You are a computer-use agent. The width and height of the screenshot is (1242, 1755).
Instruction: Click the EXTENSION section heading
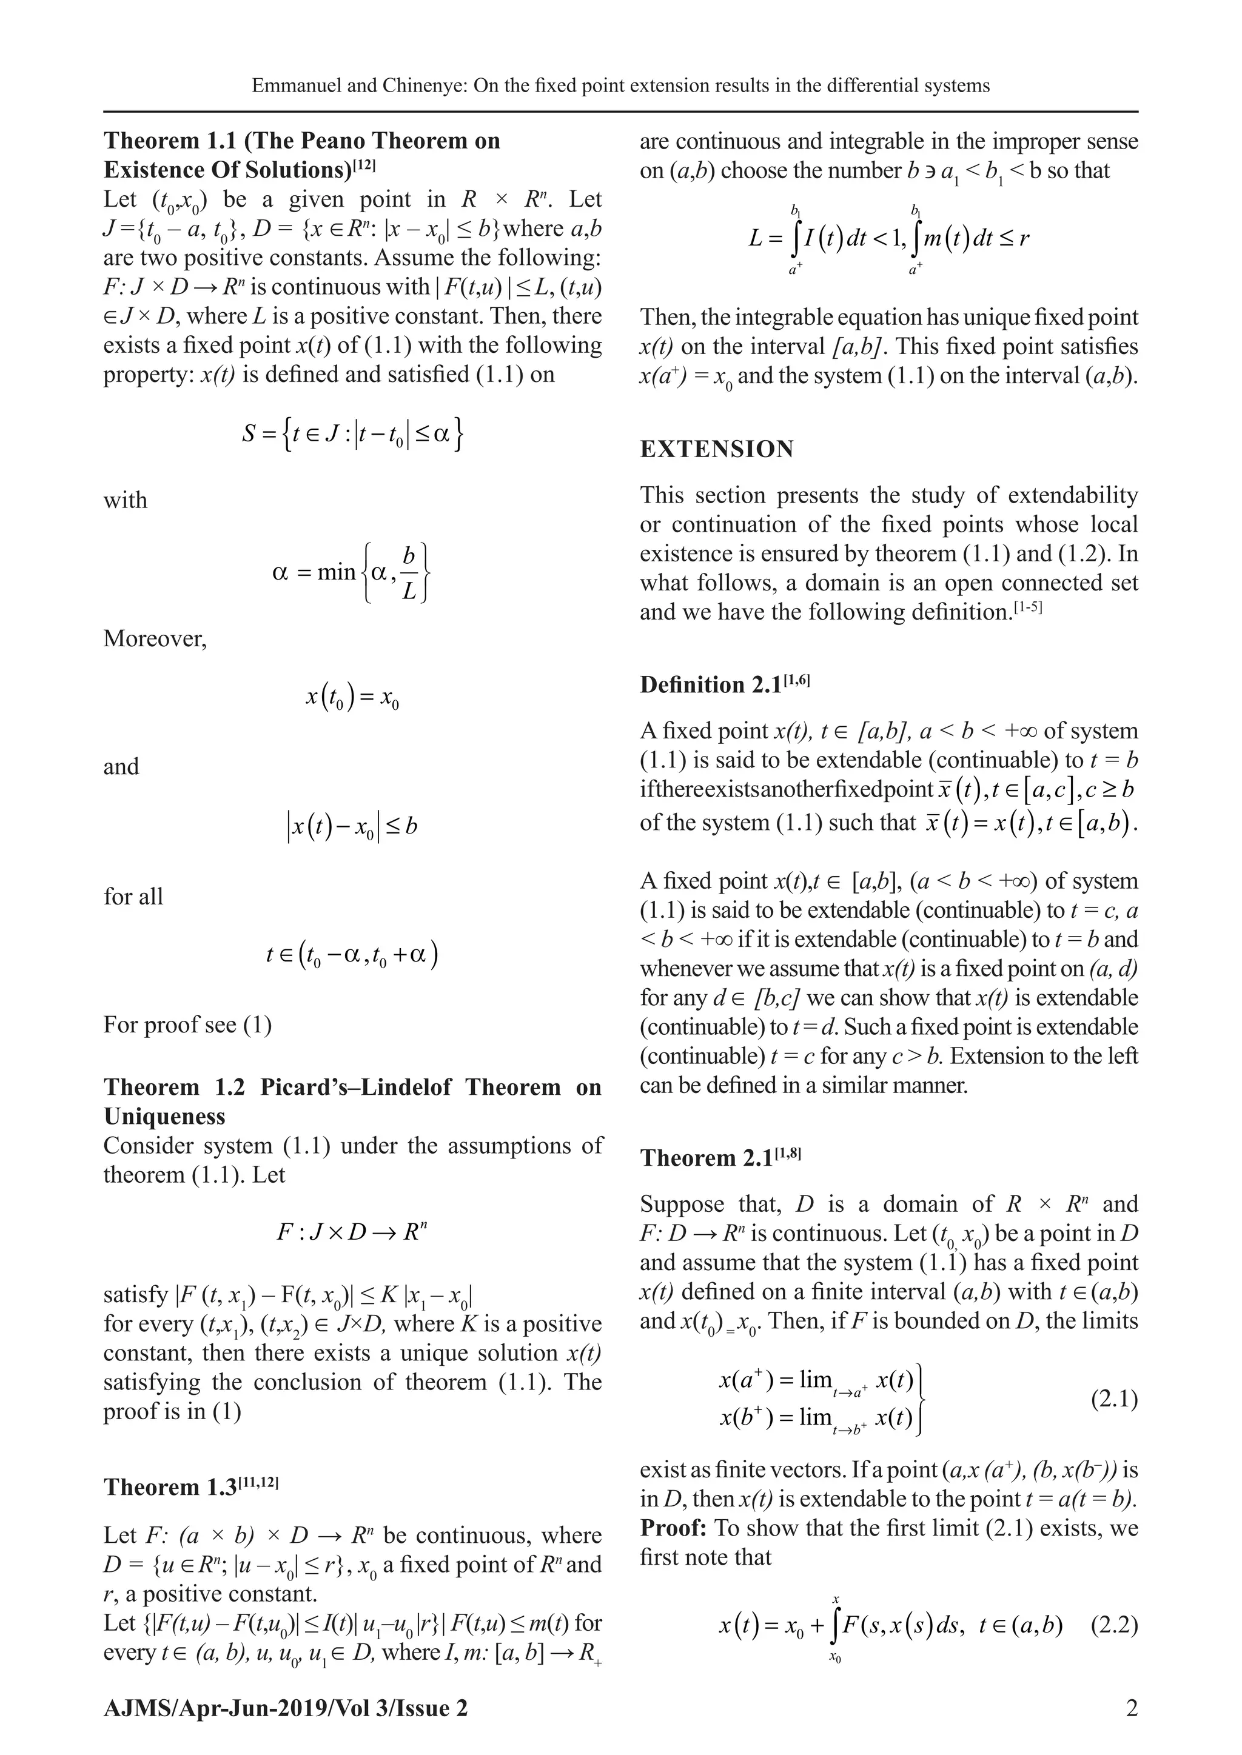(717, 449)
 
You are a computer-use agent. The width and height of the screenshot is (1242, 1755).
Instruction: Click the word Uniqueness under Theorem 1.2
(164, 1116)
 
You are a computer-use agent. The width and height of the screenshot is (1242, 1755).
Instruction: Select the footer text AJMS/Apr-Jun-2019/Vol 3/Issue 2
(285, 1708)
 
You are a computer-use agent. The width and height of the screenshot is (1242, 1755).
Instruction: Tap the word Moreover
(155, 638)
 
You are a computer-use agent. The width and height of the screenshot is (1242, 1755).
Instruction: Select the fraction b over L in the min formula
(409, 572)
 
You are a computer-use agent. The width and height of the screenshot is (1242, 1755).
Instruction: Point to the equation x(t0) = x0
(352, 697)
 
